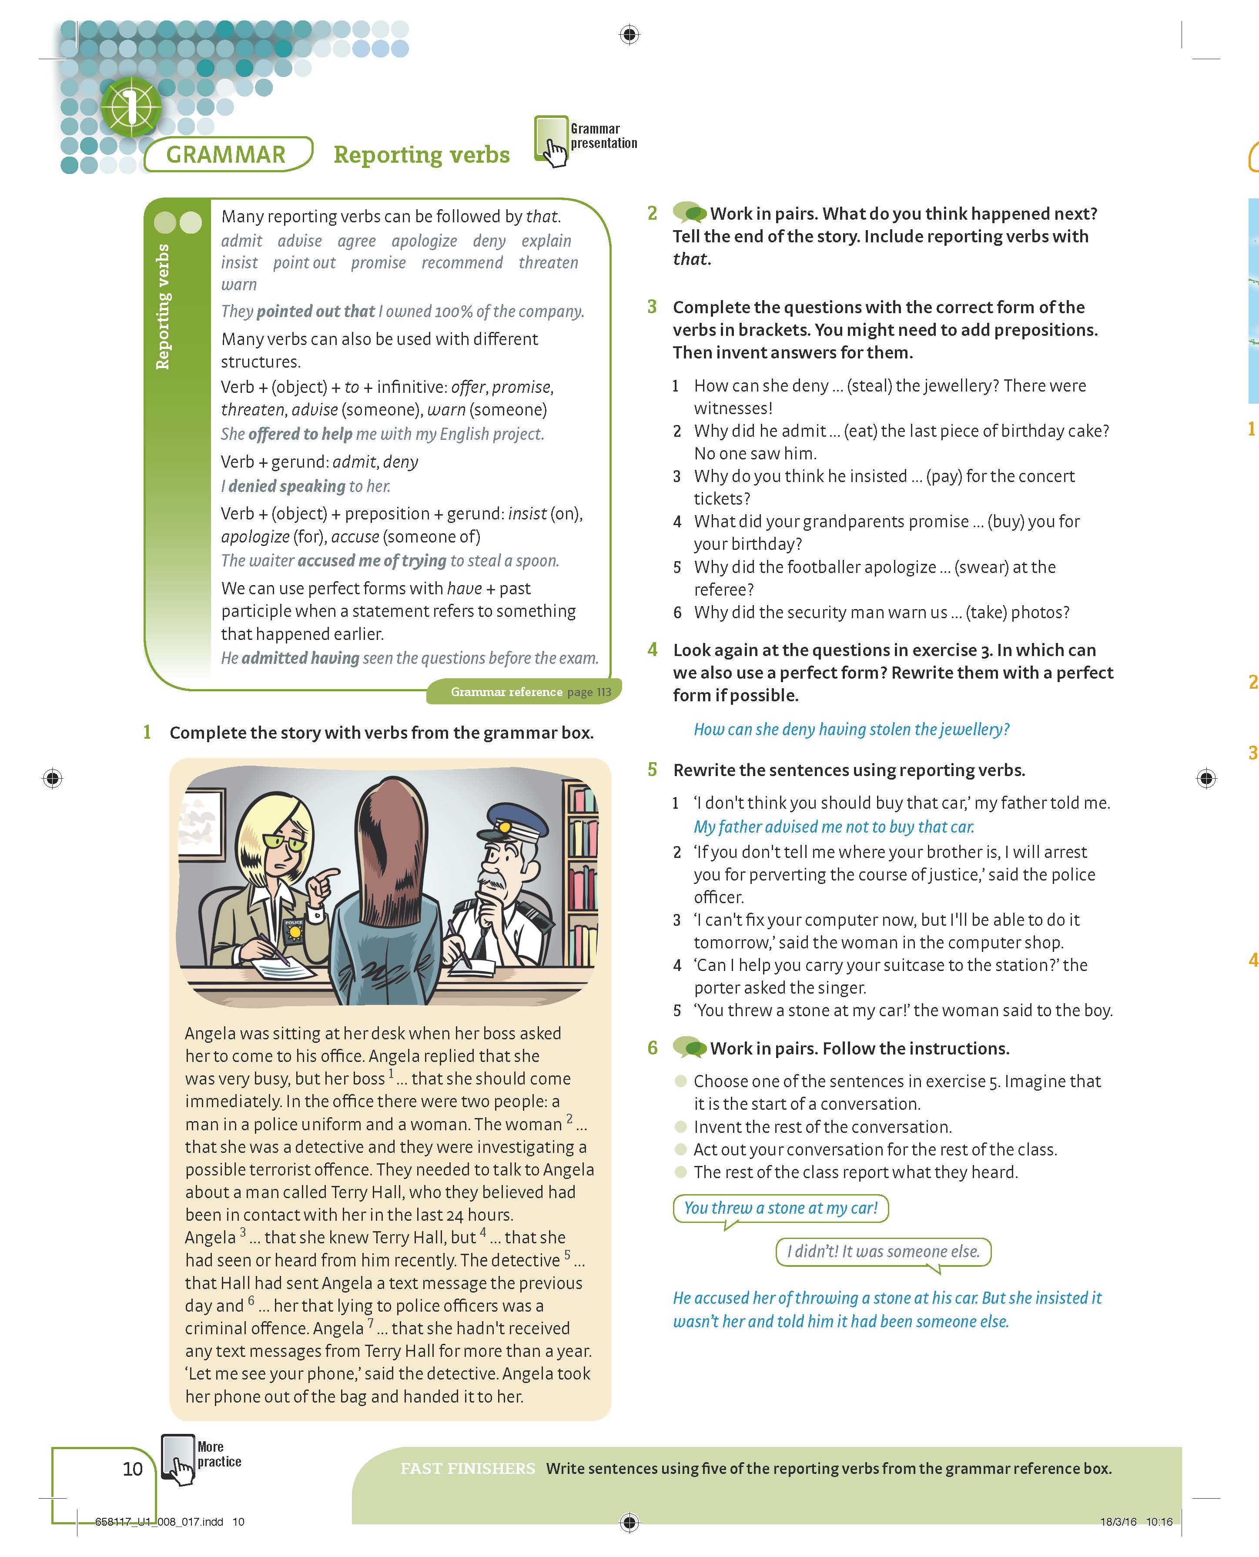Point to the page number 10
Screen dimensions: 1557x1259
[133, 1469]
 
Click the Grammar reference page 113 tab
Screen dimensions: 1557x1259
[526, 692]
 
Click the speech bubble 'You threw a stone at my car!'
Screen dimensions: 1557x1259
[780, 1208]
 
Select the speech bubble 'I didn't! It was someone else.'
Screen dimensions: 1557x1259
[883, 1252]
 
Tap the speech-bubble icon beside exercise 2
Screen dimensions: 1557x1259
[689, 212]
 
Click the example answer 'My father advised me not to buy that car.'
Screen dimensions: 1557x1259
[834, 827]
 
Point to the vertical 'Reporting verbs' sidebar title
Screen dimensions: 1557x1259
[163, 307]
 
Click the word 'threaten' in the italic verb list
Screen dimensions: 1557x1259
[548, 262]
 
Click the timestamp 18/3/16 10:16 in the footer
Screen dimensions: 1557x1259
[1136, 1521]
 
